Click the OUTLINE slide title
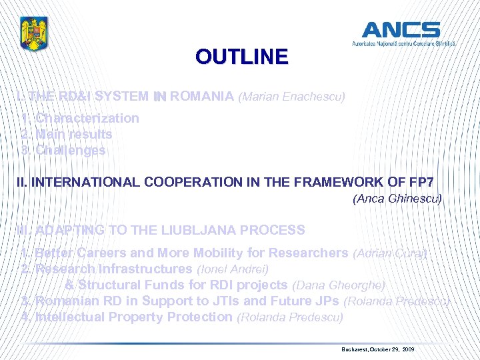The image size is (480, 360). coord(242,57)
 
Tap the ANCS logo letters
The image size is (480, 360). coord(401,29)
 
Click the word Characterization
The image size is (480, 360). coord(87,118)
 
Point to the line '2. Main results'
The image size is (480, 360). coord(67,134)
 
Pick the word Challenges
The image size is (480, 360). coord(70,150)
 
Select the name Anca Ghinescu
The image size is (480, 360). coord(397,198)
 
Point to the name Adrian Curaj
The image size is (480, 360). coord(390,253)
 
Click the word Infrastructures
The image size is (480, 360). coord(146,269)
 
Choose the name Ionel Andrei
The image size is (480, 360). coord(233,269)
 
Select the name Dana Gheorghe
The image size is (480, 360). coord(339,285)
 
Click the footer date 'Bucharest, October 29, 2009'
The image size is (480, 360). coord(377,349)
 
